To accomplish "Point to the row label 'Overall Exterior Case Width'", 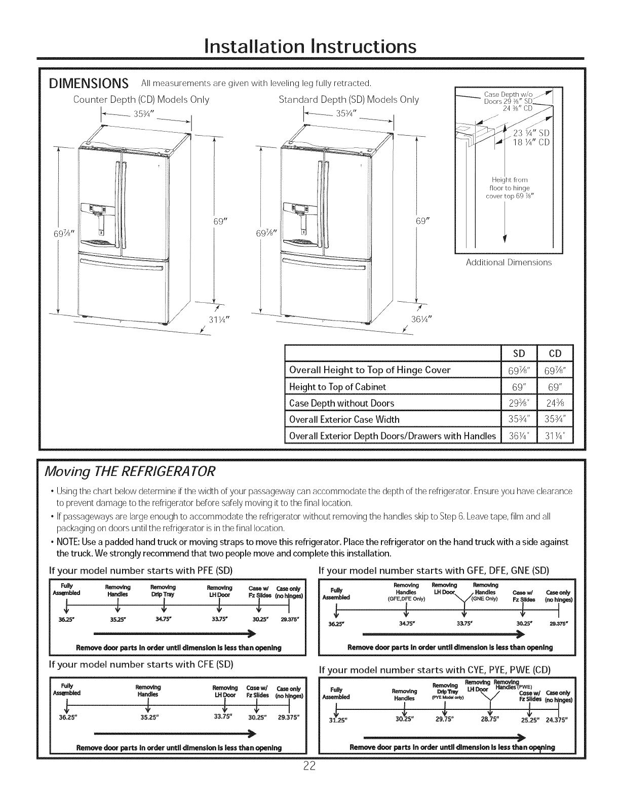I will pos(344,419).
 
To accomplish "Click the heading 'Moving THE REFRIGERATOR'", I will pos(131,471).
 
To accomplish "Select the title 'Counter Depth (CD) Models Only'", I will pos(141,99).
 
